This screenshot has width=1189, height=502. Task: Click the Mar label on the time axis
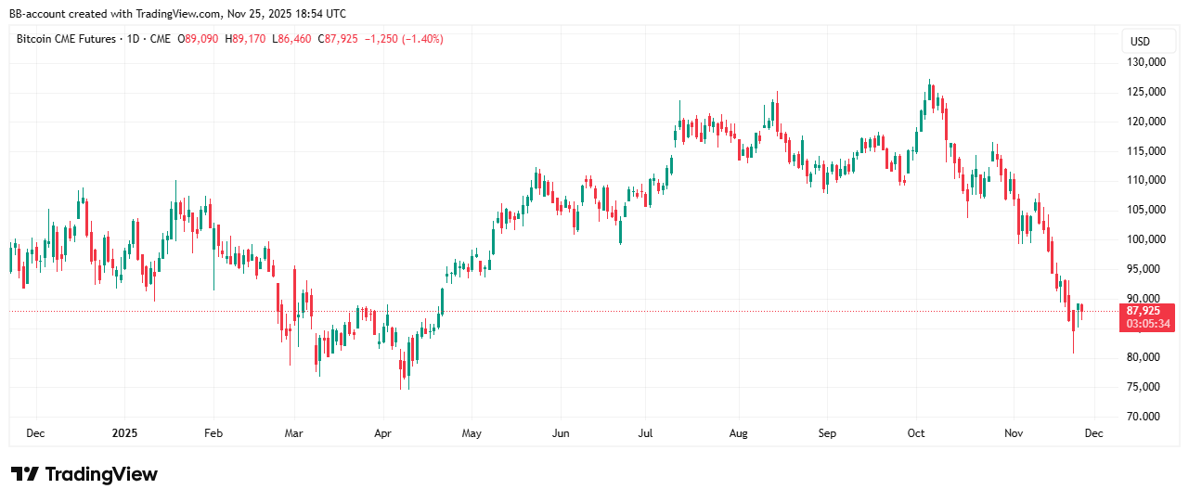click(294, 433)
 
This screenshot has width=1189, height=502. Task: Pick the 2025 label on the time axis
click(124, 433)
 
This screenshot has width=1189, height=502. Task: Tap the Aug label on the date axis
click(739, 433)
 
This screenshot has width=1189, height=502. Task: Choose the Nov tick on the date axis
click(1014, 433)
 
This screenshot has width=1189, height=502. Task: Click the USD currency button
click(1140, 41)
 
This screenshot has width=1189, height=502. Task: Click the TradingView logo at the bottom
click(84, 474)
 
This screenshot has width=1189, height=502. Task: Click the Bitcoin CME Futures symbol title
click(68, 39)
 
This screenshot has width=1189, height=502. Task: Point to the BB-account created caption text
click(177, 14)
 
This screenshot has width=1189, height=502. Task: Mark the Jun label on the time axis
click(560, 433)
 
